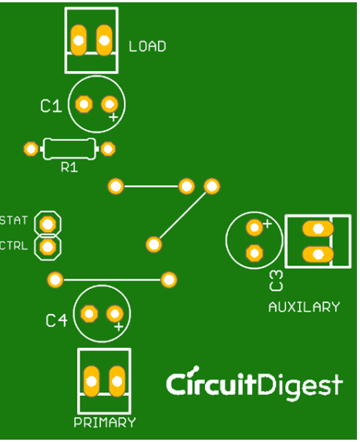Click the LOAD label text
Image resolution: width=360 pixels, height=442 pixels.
pyautogui.click(x=147, y=46)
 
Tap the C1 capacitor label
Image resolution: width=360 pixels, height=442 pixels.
pyautogui.click(x=51, y=106)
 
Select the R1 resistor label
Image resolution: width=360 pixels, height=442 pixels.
pyautogui.click(x=69, y=167)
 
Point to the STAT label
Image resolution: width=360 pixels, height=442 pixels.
pyautogui.click(x=13, y=221)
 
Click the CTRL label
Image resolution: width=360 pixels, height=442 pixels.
pyautogui.click(x=13, y=246)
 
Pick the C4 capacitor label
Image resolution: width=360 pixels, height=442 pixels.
pyautogui.click(x=56, y=320)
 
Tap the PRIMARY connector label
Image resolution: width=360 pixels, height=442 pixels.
pyautogui.click(x=104, y=423)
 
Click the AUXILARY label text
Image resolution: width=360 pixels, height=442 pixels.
pyautogui.click(x=304, y=307)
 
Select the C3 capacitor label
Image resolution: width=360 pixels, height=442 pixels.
pyautogui.click(x=276, y=281)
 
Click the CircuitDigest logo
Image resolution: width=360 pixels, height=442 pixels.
pyautogui.click(x=254, y=384)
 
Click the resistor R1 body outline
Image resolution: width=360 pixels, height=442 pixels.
pyautogui.click(x=69, y=147)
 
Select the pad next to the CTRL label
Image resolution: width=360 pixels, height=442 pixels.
pyautogui.click(x=49, y=247)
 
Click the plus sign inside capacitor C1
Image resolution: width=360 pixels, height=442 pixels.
pyautogui.click(x=113, y=117)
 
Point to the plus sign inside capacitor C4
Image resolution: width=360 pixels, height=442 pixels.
pyautogui.click(x=119, y=327)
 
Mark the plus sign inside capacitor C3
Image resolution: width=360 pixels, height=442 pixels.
pyautogui.click(x=267, y=224)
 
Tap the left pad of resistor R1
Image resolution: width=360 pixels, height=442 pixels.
pyautogui.click(x=30, y=148)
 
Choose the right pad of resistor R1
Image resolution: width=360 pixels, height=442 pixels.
pyautogui.click(x=109, y=148)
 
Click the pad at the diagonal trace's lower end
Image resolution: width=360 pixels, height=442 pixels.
pyautogui.click(x=154, y=245)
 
